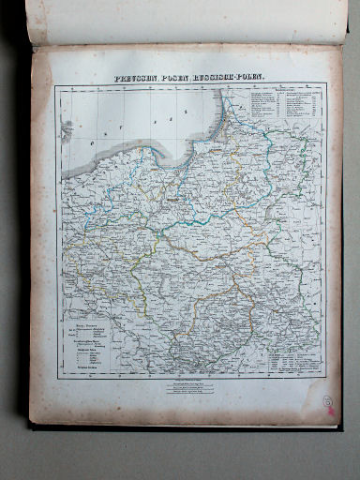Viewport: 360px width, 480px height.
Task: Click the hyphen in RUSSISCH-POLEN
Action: point(238,78)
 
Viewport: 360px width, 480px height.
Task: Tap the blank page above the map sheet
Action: point(187,21)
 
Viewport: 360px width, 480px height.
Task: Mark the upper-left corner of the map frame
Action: point(55,86)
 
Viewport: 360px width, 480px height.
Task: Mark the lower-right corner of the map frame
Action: point(325,379)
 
